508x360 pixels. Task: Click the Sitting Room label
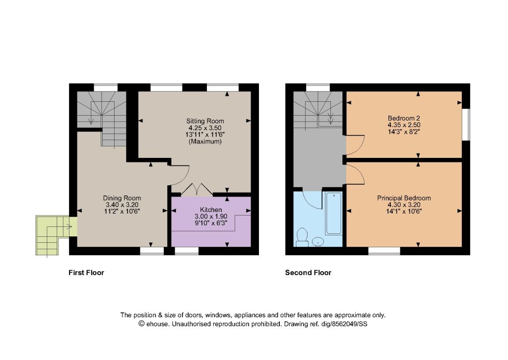point(205,121)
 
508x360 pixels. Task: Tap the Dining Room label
point(122,198)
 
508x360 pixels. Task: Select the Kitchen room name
point(210,210)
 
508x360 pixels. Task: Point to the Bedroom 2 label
point(404,118)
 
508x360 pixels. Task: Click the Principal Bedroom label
point(404,198)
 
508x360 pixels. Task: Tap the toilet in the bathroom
point(302,237)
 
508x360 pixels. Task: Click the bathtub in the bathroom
point(333,213)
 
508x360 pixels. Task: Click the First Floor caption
point(86,273)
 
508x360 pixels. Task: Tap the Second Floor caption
point(308,273)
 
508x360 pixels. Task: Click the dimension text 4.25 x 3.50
point(205,128)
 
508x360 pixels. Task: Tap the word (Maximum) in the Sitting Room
point(205,142)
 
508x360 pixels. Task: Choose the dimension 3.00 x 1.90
point(210,216)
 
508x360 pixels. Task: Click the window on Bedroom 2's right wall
point(466,125)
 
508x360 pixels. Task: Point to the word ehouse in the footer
point(157,324)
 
